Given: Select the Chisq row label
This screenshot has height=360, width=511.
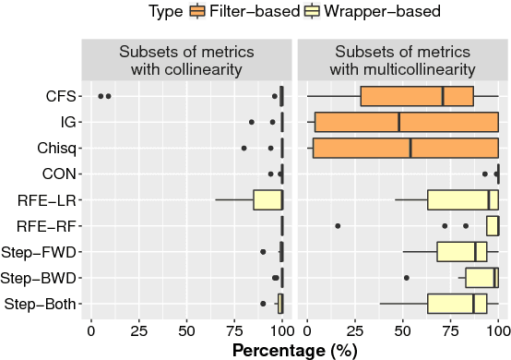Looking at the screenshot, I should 56,148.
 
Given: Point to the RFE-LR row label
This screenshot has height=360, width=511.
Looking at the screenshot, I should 48,199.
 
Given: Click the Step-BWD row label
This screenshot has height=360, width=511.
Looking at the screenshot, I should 42,278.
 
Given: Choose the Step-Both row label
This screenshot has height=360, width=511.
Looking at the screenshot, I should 42,304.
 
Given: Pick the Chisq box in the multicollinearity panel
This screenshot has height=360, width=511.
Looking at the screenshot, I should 405,148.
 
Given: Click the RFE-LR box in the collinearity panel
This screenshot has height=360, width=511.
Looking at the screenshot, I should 267,199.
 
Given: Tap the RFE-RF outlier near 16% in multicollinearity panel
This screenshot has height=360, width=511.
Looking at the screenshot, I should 338,226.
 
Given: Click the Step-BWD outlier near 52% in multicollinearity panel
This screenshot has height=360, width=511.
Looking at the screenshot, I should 407,278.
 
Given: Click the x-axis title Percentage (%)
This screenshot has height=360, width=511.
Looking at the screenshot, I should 294,350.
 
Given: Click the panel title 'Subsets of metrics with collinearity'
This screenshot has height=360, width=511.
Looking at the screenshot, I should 187,59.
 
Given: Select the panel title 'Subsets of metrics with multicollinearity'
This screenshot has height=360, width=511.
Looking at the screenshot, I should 402,59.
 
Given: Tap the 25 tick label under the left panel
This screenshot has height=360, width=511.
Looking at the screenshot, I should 138,330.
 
